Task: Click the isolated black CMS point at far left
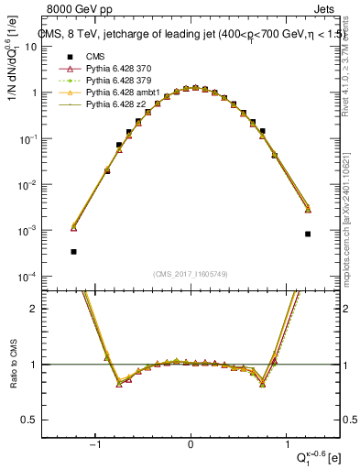pos(73,251)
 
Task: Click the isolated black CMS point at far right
pos(308,234)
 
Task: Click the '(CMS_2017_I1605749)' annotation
pos(191,274)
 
